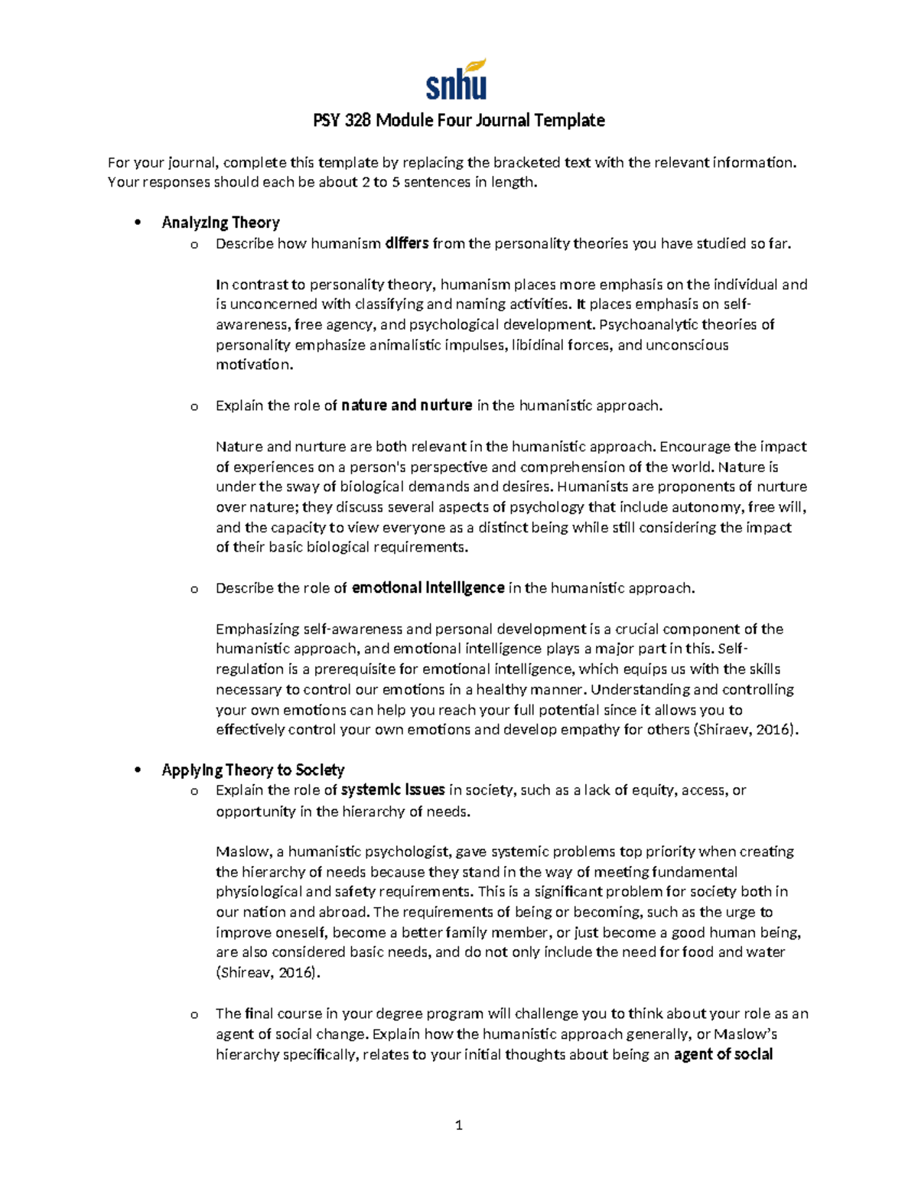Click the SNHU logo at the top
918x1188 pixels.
click(x=457, y=80)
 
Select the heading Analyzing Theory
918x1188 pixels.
click(x=220, y=223)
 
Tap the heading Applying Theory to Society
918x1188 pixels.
click(x=252, y=770)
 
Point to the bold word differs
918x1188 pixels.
click(x=407, y=244)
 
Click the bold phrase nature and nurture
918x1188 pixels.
click(x=406, y=406)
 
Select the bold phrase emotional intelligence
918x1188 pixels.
click(x=428, y=588)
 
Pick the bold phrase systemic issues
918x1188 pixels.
click(x=392, y=790)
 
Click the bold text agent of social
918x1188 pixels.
click(x=723, y=1055)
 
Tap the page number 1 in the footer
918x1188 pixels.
click(x=459, y=1125)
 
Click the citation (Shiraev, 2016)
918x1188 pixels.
click(x=745, y=730)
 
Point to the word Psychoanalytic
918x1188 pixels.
click(x=648, y=325)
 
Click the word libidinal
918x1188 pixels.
click(x=538, y=345)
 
